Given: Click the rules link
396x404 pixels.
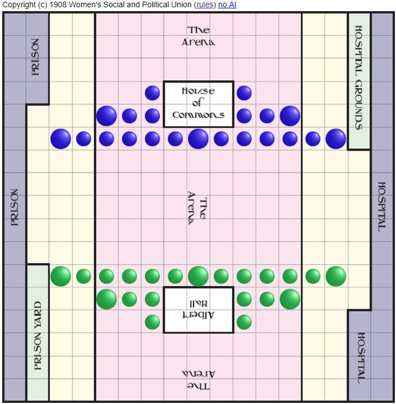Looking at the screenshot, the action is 204,5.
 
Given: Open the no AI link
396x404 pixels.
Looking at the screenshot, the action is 227,5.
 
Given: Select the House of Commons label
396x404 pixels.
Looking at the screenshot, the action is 198,103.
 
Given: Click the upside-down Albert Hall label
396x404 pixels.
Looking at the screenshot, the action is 198,310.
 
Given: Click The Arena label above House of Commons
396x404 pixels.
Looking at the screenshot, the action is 198,36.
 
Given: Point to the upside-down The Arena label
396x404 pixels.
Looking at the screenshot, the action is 198,380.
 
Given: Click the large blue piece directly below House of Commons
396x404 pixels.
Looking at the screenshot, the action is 198,139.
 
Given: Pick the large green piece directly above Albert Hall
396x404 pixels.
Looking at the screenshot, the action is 198,276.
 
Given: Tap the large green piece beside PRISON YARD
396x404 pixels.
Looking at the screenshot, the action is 60,276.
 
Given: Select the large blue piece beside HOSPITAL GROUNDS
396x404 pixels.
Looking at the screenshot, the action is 336,139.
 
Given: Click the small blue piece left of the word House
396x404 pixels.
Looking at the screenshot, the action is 152,93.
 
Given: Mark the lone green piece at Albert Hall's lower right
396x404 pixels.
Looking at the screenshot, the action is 244,322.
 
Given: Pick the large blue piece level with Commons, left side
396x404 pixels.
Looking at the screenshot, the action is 106,116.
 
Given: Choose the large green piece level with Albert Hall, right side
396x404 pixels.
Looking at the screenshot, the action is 290,299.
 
